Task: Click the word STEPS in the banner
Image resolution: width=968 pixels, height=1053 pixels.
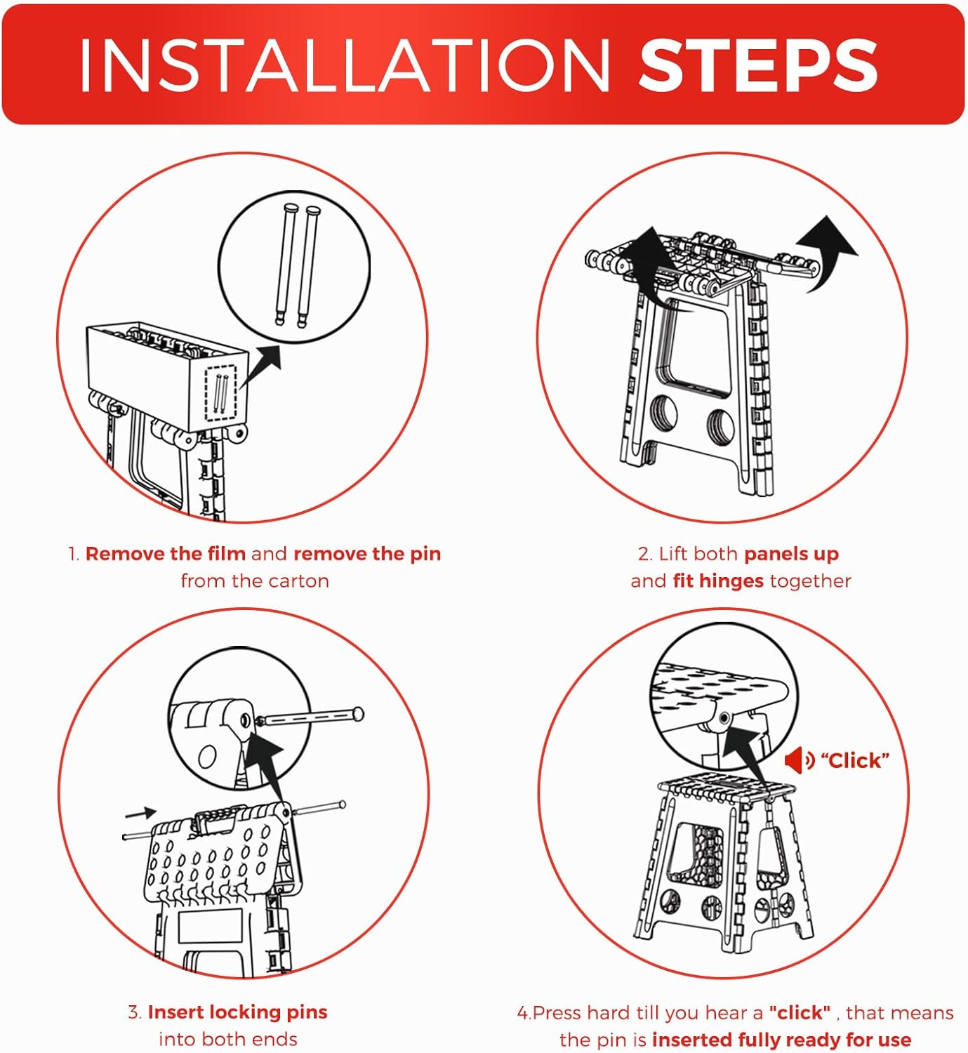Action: [757, 65]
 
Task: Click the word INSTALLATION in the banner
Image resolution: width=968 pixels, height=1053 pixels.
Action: [344, 65]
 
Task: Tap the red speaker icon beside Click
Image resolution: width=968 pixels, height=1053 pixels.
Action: [800, 760]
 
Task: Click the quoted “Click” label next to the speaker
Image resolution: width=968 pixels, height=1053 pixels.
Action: [855, 760]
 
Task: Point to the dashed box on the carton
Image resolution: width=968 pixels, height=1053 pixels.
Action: [221, 393]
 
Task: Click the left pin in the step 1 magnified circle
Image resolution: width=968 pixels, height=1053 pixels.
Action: [286, 265]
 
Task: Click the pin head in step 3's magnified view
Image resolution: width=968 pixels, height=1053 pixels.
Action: [358, 713]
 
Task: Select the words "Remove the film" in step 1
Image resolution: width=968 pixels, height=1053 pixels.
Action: [166, 554]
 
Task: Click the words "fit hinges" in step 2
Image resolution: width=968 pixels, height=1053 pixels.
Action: [718, 581]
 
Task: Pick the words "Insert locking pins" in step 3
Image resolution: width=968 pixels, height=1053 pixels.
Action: [238, 1012]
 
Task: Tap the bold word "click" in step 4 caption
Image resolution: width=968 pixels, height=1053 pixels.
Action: [800, 1012]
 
